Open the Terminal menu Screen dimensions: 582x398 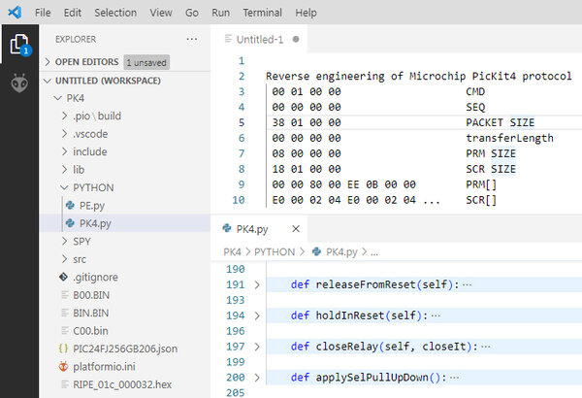263,13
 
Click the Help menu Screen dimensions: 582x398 306,13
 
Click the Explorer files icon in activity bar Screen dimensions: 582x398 20,45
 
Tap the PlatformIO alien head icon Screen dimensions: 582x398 19,83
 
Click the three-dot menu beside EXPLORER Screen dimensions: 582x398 192,39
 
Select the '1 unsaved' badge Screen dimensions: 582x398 146,62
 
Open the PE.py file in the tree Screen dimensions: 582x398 92,206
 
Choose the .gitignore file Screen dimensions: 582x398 95,278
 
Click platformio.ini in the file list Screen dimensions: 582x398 104,367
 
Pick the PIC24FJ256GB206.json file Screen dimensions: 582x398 125,348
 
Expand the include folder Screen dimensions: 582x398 90,151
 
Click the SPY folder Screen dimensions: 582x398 81,242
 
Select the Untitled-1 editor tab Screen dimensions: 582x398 260,40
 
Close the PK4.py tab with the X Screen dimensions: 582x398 296,229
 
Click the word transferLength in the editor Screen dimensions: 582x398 509,138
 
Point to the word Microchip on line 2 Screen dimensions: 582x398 437,76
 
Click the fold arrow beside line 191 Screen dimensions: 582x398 257,285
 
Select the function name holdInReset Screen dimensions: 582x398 350,315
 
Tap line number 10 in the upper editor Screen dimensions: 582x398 239,200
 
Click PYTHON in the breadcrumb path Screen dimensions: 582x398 275,252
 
